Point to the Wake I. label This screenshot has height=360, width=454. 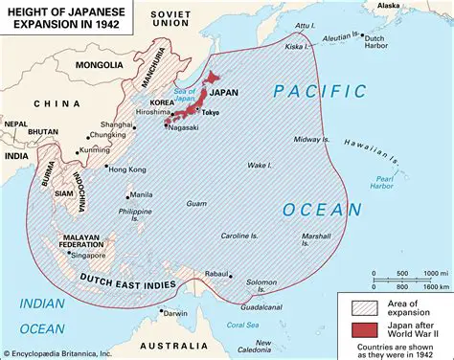(x=257, y=166)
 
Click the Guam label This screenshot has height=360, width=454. (x=196, y=203)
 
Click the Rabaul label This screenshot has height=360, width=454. (x=216, y=271)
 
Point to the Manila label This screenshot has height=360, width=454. (x=140, y=193)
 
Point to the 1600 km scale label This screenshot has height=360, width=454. (x=436, y=286)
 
